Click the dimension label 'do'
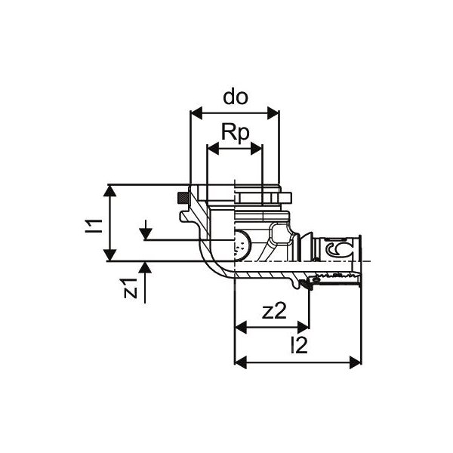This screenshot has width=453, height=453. pos(235,97)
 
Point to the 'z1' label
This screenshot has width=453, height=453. pos(131,288)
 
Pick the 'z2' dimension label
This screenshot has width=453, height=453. pos(273,312)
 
